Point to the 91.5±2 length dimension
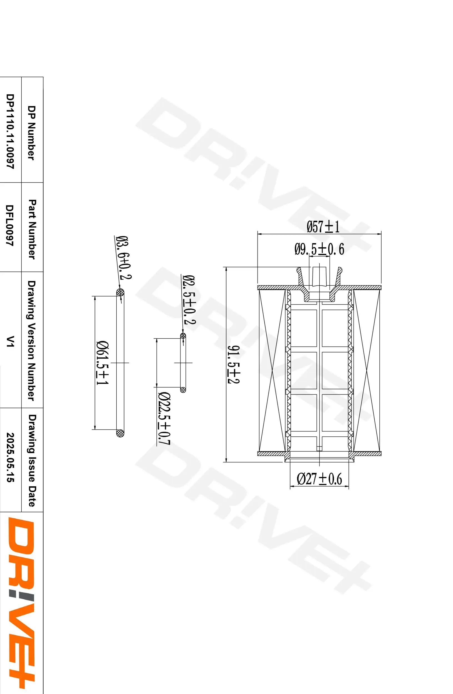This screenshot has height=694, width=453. point(234,364)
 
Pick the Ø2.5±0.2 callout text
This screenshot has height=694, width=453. point(189,300)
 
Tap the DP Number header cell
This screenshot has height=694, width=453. point(31,133)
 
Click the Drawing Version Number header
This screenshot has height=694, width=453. point(31,341)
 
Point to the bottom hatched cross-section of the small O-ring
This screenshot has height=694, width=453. point(183,389)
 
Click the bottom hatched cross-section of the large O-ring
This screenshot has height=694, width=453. point(120,433)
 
